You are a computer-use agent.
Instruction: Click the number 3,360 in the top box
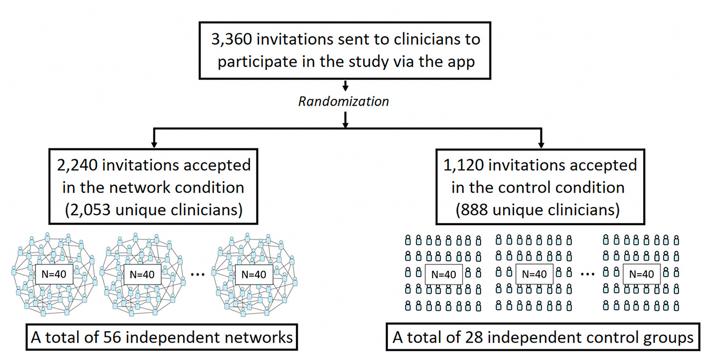tap(232, 40)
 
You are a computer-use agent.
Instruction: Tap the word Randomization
tap(343, 101)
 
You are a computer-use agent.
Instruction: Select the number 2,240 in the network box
tap(77, 166)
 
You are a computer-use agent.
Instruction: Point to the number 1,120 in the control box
tap(464, 166)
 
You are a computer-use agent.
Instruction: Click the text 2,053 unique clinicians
tap(154, 210)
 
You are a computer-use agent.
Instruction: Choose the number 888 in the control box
tap(474, 210)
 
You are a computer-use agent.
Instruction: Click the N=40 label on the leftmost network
tap(54, 274)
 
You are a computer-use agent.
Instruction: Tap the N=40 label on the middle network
tap(142, 274)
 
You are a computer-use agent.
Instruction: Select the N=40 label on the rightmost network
tap(254, 274)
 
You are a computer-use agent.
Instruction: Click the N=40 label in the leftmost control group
tap(444, 274)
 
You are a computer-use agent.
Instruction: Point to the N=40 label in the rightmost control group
tap(642, 274)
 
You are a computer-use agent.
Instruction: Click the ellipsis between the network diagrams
tap(198, 275)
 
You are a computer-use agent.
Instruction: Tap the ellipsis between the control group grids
tap(588, 275)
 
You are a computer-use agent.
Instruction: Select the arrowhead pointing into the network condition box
tap(154, 145)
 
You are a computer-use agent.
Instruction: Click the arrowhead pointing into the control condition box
tap(541, 145)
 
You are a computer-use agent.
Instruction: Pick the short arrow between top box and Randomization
tap(346, 85)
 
